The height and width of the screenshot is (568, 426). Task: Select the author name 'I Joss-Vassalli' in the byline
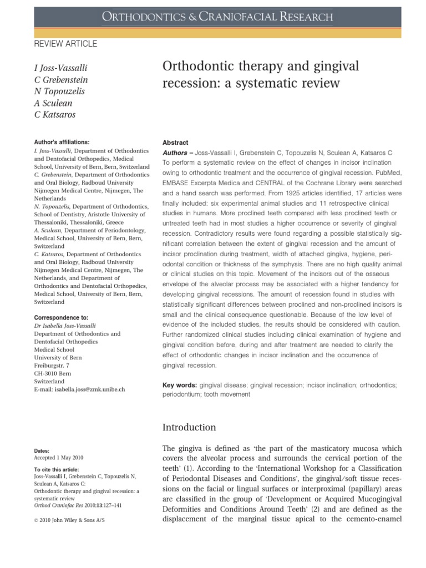60,68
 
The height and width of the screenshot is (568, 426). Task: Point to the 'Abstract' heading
175,143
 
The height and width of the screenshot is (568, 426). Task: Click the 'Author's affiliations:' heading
62,143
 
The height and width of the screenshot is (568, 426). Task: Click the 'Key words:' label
179,384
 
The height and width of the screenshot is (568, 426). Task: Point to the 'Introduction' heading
189,427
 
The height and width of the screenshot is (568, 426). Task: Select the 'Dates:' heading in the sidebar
42,452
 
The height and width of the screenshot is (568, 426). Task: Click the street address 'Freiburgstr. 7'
52,366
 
